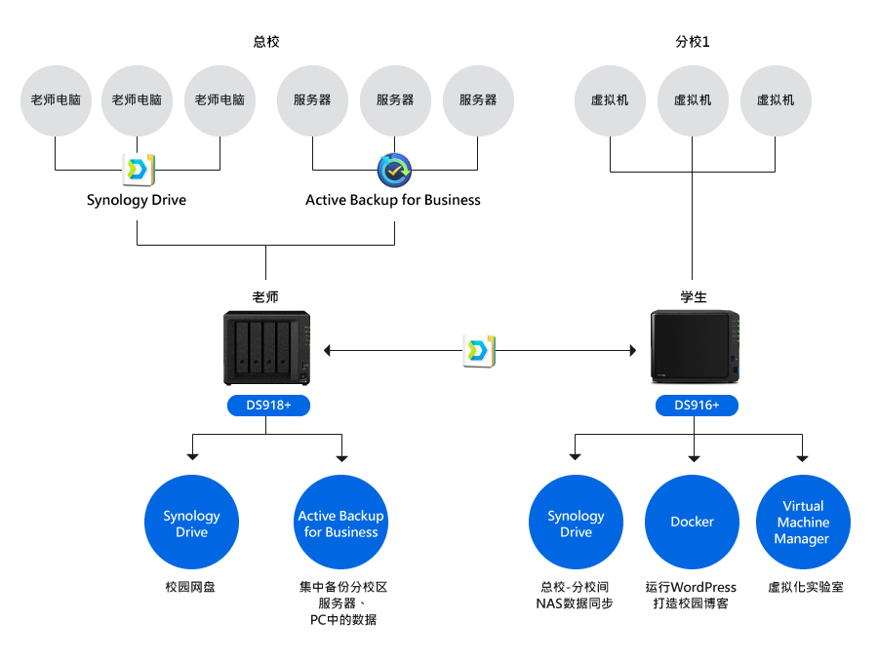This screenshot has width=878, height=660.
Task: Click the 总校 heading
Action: tap(266, 41)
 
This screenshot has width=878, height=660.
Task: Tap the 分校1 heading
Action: tap(692, 41)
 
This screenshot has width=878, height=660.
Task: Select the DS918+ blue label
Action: tap(268, 406)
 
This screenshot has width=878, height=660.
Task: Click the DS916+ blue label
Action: tap(697, 406)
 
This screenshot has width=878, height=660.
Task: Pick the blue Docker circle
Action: tap(692, 522)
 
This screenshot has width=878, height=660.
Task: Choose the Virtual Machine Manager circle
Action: tap(803, 522)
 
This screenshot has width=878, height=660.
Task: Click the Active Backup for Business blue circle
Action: tap(341, 522)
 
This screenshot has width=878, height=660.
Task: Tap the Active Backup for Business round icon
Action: tap(394, 171)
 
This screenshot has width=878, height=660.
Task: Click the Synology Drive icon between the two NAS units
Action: tap(479, 351)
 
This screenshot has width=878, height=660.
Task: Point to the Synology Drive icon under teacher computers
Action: tap(138, 169)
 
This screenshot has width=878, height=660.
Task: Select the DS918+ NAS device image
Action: tap(266, 348)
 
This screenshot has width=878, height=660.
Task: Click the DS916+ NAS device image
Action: tap(695, 347)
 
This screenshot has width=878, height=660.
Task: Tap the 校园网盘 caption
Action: tap(190, 587)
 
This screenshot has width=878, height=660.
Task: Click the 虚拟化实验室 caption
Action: tap(805, 587)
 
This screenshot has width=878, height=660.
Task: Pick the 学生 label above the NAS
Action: tap(694, 296)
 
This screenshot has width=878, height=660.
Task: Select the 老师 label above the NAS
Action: tap(265, 296)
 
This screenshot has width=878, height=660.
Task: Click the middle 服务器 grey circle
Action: tap(395, 100)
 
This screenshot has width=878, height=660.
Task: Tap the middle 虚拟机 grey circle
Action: tap(693, 100)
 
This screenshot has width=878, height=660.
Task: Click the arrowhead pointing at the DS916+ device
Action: tap(633, 350)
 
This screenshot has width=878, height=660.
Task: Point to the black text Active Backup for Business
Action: tap(393, 200)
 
